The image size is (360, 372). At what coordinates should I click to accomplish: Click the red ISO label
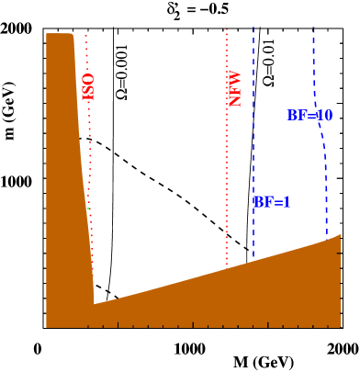pyautogui.click(x=88, y=86)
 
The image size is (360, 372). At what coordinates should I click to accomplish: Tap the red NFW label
pyautogui.click(x=234, y=89)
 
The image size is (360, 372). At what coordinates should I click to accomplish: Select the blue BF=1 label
pyautogui.click(x=272, y=202)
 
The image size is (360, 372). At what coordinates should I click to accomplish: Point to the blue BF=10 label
pyautogui.click(x=309, y=116)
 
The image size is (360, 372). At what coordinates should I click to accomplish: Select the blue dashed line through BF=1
pyautogui.click(x=253, y=138)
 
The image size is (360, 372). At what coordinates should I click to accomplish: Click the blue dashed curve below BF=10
pyautogui.click(x=324, y=175)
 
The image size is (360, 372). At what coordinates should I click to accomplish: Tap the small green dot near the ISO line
pyautogui.click(x=88, y=209)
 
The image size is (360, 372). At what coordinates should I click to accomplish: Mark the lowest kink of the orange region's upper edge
pyautogui.click(x=95, y=302)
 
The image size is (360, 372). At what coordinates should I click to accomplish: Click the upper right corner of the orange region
pyautogui.click(x=328, y=238)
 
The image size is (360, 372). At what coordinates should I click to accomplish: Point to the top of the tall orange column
pyautogui.click(x=59, y=34)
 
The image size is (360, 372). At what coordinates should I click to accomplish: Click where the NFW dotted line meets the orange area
pyautogui.click(x=227, y=265)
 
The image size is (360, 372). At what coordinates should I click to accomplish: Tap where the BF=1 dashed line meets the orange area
pyautogui.click(x=253, y=258)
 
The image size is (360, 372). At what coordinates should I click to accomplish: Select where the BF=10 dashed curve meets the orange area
pyautogui.click(x=327, y=238)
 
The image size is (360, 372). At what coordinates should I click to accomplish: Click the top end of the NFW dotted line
pyautogui.click(x=227, y=29)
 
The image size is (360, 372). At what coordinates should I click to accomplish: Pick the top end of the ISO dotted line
pyautogui.click(x=85, y=35)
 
